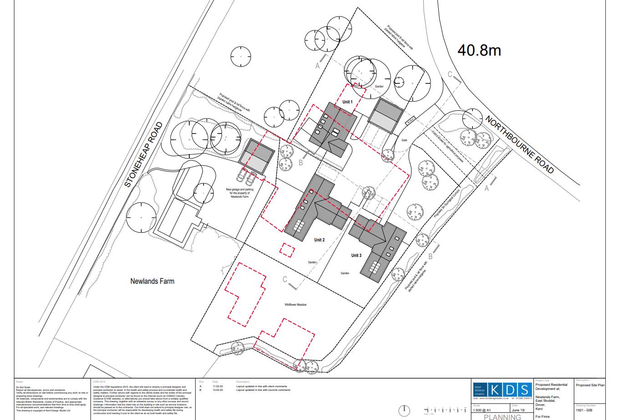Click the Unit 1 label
[x=347, y=102]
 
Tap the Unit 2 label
[x=319, y=240]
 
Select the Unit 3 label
[x=356, y=256]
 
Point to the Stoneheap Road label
[x=143, y=155]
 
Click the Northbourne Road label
[x=520, y=144]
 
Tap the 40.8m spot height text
[x=479, y=50]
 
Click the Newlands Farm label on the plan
[x=152, y=281]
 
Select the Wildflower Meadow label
[x=295, y=305]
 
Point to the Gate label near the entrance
[x=404, y=140]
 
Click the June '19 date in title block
[x=518, y=410]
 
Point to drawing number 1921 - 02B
[x=584, y=410]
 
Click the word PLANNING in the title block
[x=502, y=417]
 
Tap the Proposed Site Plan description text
[x=590, y=385]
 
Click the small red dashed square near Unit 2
[x=286, y=250]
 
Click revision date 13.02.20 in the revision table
[x=217, y=390]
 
